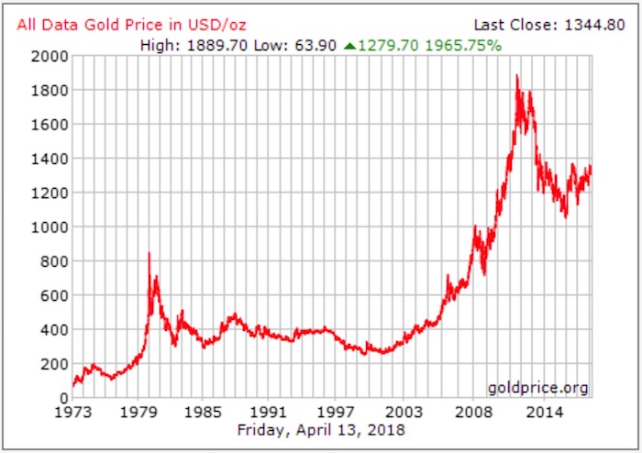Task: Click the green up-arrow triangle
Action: point(349,44)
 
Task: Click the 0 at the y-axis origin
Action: point(64,398)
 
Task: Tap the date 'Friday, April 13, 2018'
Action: point(320,429)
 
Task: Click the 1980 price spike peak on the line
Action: point(149,254)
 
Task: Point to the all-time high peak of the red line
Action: point(517,75)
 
